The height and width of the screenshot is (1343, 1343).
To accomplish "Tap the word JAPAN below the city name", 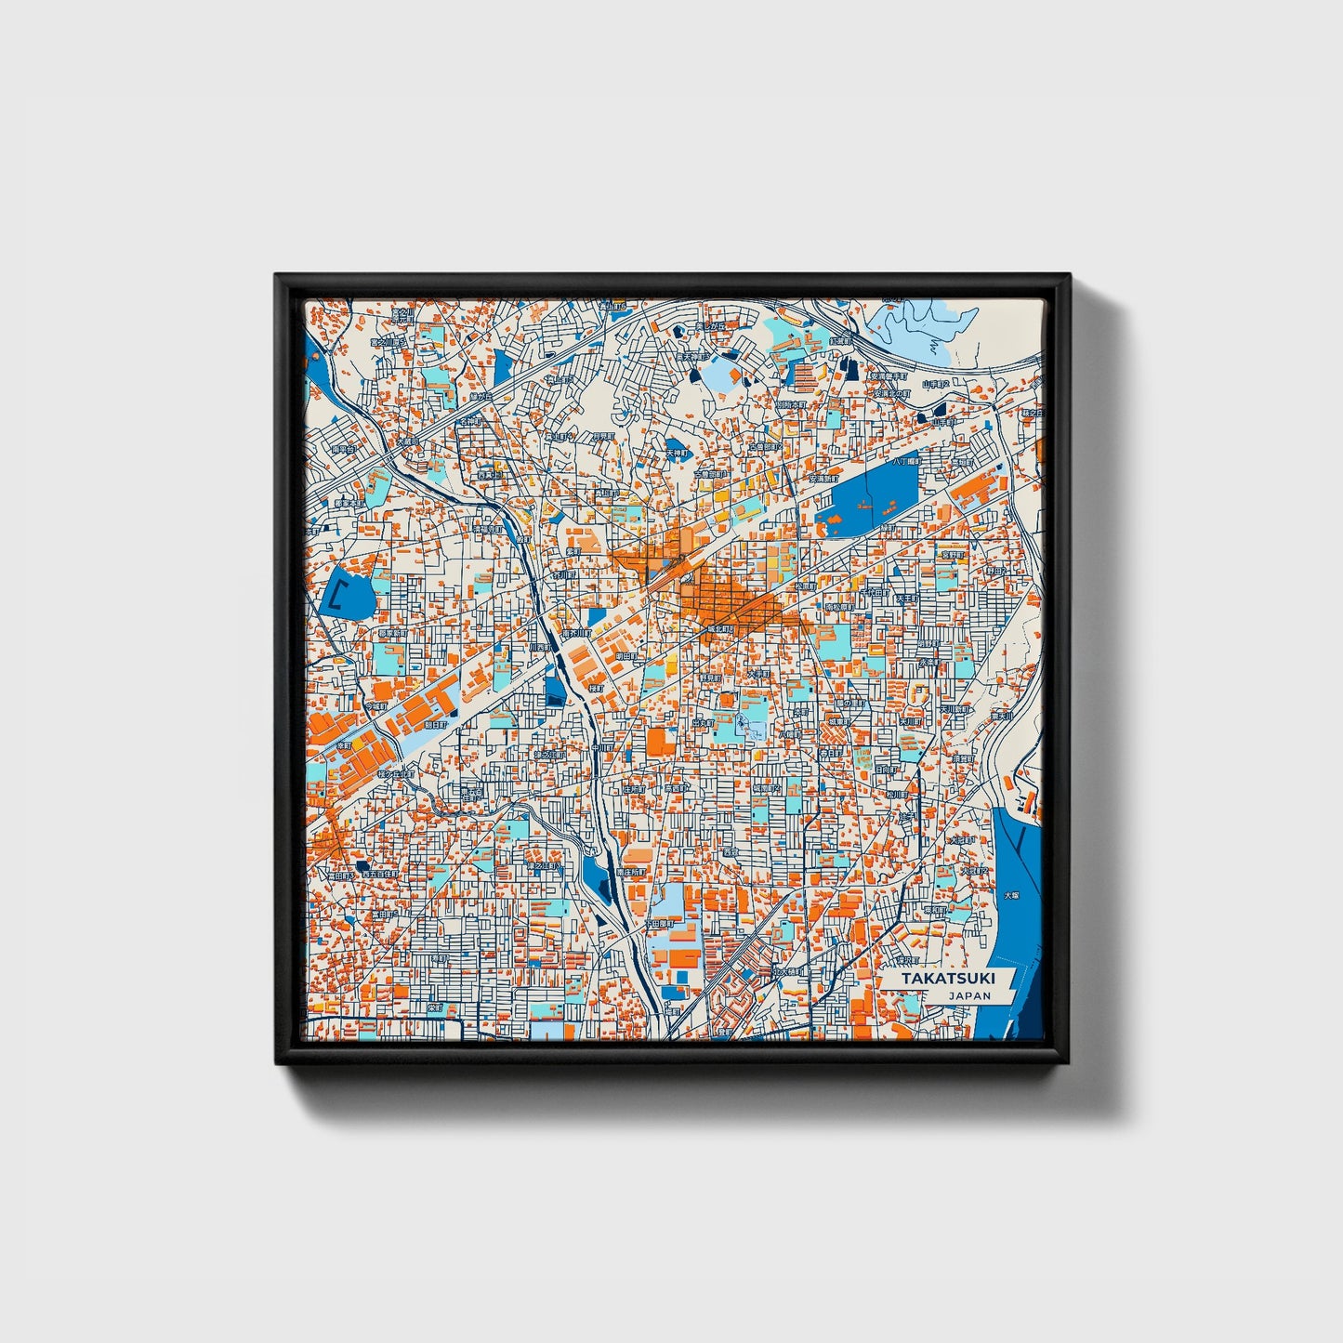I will (969, 995).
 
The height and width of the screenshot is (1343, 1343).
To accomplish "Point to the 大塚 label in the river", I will (1011, 896).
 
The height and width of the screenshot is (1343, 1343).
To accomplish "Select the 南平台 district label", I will (343, 447).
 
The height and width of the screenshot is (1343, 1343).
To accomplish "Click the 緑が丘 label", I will (480, 395).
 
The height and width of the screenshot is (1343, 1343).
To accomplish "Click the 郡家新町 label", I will (391, 633).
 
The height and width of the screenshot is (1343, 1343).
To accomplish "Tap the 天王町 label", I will (906, 599).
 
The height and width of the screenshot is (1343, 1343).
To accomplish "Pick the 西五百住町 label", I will (379, 874).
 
